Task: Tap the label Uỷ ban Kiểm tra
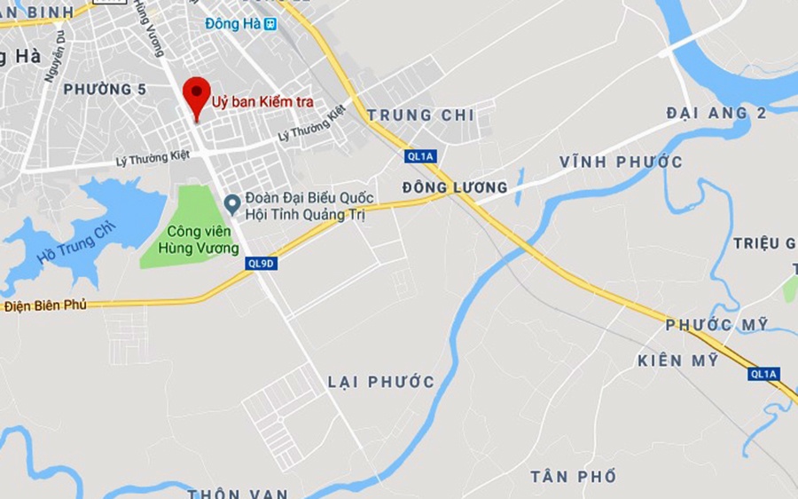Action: coord(262,101)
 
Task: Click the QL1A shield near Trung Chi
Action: coord(420,156)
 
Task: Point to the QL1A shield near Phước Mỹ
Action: coord(763,374)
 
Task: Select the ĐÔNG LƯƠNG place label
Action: coord(455,187)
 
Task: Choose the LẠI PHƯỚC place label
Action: coord(381,382)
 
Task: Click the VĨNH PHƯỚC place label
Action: coord(621,162)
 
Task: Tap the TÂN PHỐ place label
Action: coord(573,477)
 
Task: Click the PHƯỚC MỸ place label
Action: coord(716,325)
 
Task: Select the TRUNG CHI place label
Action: coord(420,115)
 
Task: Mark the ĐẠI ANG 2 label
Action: coord(716,112)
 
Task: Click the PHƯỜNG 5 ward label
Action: coord(105,89)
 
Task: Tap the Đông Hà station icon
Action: coord(270,24)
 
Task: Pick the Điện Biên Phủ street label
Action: coord(45,305)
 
